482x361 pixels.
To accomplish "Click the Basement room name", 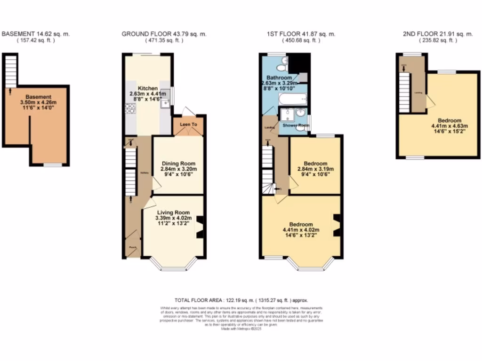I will (38, 97).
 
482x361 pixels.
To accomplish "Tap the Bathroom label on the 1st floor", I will (279, 78).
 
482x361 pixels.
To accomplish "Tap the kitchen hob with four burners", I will (129, 109).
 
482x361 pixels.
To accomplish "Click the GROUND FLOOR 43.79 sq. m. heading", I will (164, 34).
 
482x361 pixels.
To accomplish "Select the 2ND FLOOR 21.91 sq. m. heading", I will (438, 34).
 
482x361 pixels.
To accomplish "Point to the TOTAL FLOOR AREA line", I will (241, 300).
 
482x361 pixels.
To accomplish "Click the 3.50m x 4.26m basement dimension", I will (38, 102).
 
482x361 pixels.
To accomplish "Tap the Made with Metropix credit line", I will (241, 329).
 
